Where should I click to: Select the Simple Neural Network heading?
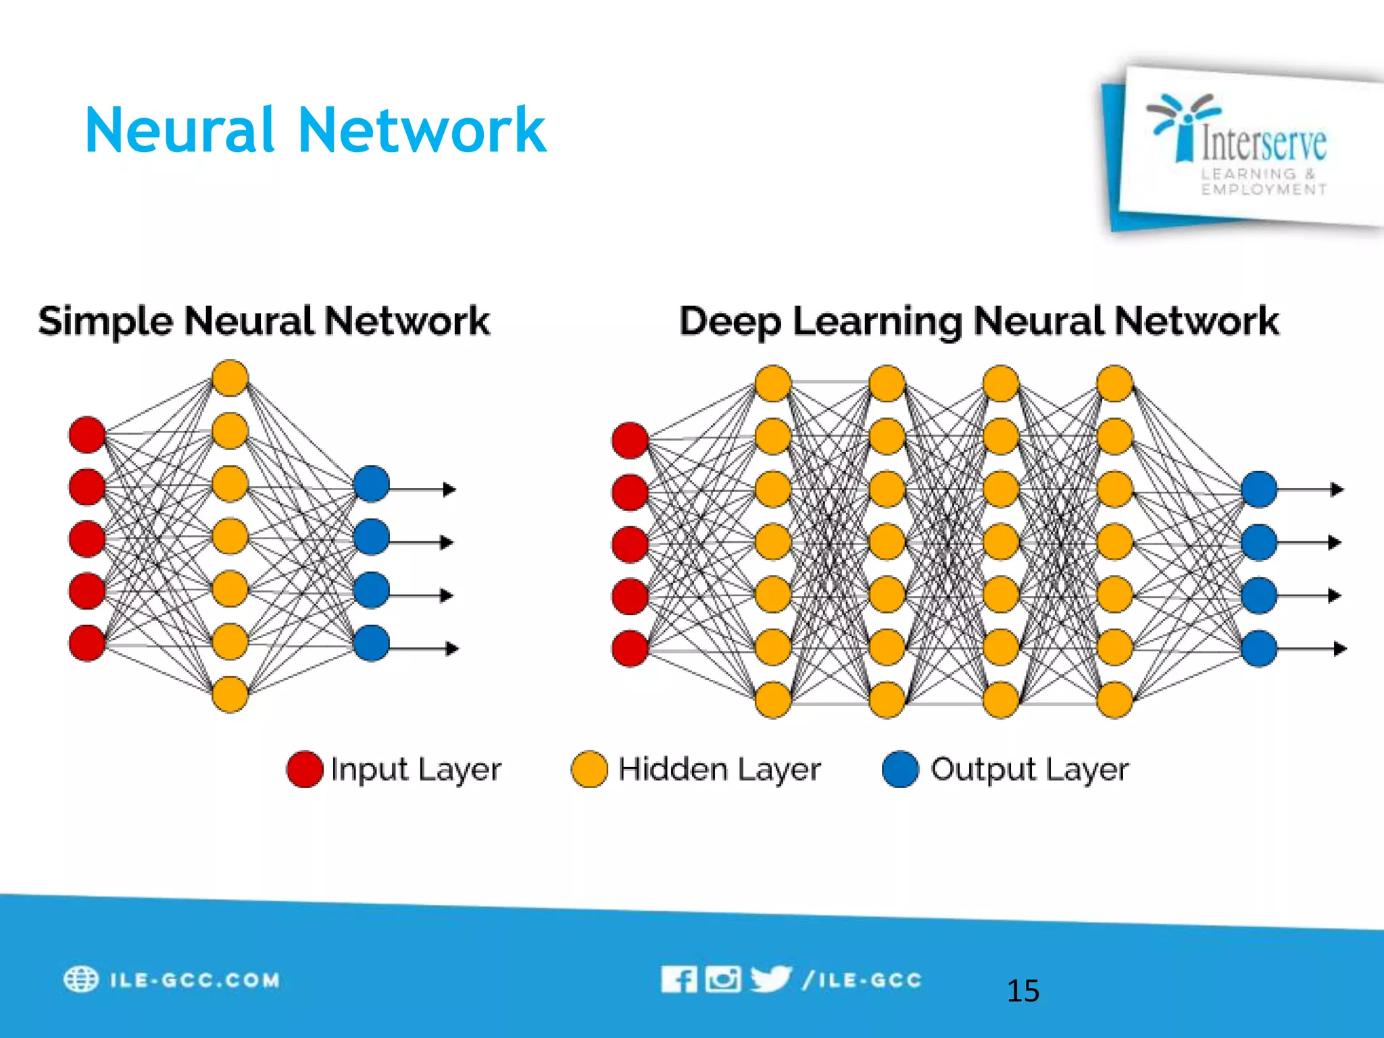tap(264, 320)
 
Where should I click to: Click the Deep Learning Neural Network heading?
tap(979, 320)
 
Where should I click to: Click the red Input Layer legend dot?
tap(304, 769)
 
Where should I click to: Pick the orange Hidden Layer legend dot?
tap(589, 769)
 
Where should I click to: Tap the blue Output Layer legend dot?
tap(900, 769)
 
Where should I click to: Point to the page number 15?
tap(1022, 991)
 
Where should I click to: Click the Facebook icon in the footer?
tap(678, 979)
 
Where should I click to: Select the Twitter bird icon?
tap(770, 979)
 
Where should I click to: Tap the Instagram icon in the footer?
tap(722, 979)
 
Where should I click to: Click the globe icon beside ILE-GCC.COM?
tap(81, 979)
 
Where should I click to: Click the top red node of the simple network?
tap(87, 435)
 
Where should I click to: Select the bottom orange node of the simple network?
tap(230, 694)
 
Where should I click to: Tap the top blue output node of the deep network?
tap(1259, 489)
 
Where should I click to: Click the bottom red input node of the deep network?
tap(630, 648)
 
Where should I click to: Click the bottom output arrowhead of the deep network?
tap(1340, 649)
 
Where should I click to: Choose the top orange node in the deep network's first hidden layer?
tap(773, 383)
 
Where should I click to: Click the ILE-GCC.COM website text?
tap(195, 980)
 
